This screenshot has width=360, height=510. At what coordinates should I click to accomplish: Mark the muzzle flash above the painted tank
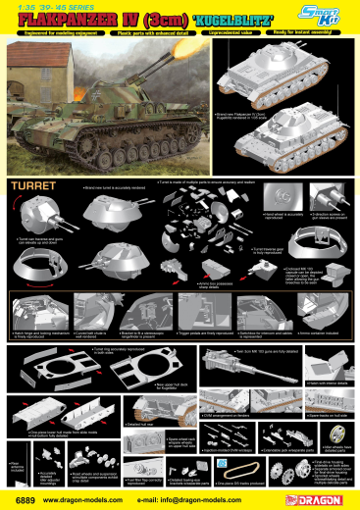click(x=181, y=57)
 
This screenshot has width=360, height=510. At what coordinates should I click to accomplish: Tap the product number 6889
click(x=21, y=498)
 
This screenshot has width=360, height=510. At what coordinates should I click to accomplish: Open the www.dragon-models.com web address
click(x=87, y=498)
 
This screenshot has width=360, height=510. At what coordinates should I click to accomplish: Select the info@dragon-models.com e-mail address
click(x=201, y=498)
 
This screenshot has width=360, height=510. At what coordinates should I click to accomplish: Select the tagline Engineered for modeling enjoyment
click(x=48, y=35)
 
